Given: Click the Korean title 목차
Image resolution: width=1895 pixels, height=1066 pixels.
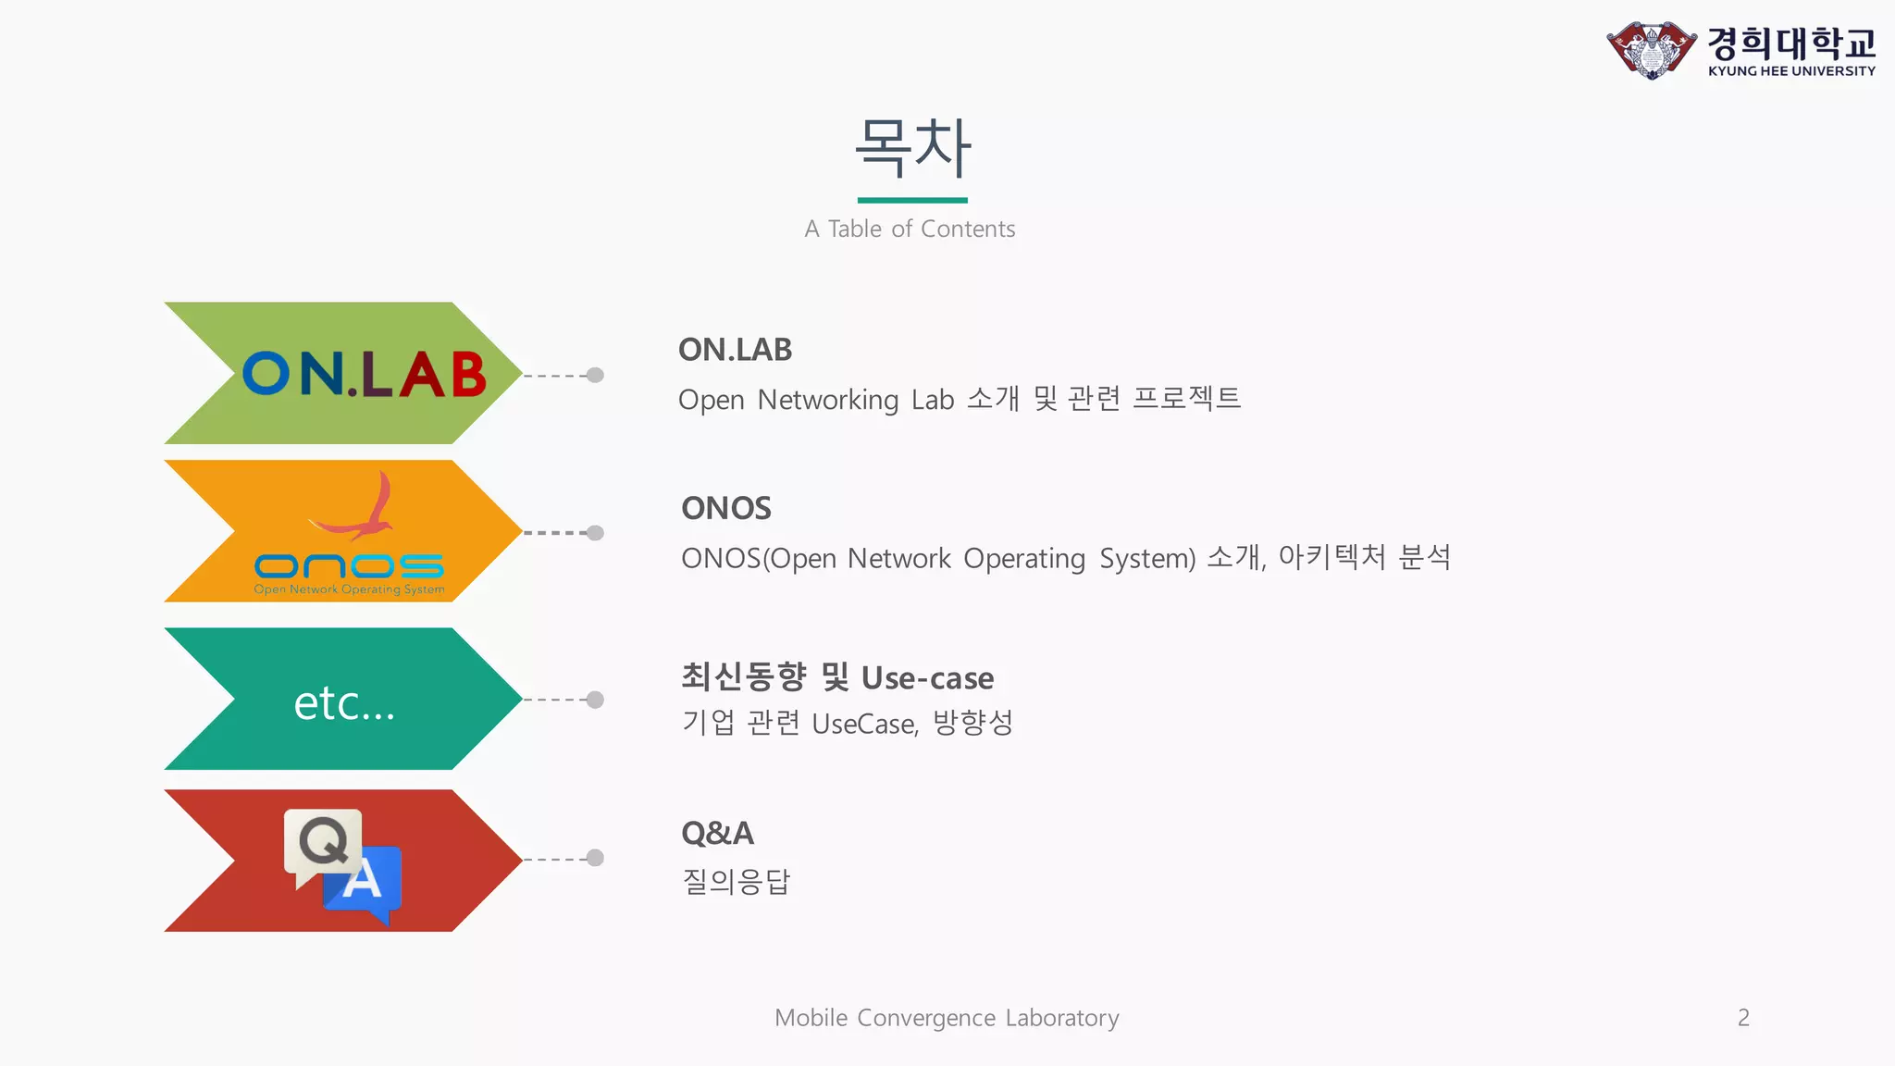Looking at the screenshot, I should click(912, 148).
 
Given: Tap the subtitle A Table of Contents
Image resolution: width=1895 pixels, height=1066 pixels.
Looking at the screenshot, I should click(910, 229).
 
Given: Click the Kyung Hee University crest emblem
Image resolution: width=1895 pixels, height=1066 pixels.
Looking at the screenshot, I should click(1652, 50).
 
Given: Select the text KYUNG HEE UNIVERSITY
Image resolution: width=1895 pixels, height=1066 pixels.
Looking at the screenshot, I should click(1791, 71).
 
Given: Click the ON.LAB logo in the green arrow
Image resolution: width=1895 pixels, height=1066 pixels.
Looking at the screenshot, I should click(364, 374).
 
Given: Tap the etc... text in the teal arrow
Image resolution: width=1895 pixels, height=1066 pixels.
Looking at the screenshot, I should click(344, 703).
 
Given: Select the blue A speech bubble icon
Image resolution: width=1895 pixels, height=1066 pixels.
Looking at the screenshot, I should click(365, 881).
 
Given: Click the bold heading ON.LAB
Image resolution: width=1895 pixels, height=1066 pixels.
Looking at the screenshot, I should click(735, 350).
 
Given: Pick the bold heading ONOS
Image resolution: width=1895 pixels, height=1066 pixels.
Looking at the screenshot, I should click(725, 508).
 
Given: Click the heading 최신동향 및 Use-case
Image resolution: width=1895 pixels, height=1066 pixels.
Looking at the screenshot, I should click(836, 677).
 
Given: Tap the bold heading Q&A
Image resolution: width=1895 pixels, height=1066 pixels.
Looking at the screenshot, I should click(717, 833).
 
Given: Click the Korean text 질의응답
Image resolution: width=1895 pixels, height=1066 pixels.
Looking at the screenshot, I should click(736, 881).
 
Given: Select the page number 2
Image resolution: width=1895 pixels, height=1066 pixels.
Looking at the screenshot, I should click(1743, 1017).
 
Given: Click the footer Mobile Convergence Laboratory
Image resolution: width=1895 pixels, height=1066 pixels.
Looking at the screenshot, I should click(947, 1017).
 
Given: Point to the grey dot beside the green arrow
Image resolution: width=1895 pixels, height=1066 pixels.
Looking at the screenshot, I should click(596, 375).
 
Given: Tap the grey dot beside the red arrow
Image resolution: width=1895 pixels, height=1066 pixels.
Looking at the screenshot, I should click(596, 858).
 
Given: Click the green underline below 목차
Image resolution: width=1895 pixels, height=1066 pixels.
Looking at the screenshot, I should click(911, 200).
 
